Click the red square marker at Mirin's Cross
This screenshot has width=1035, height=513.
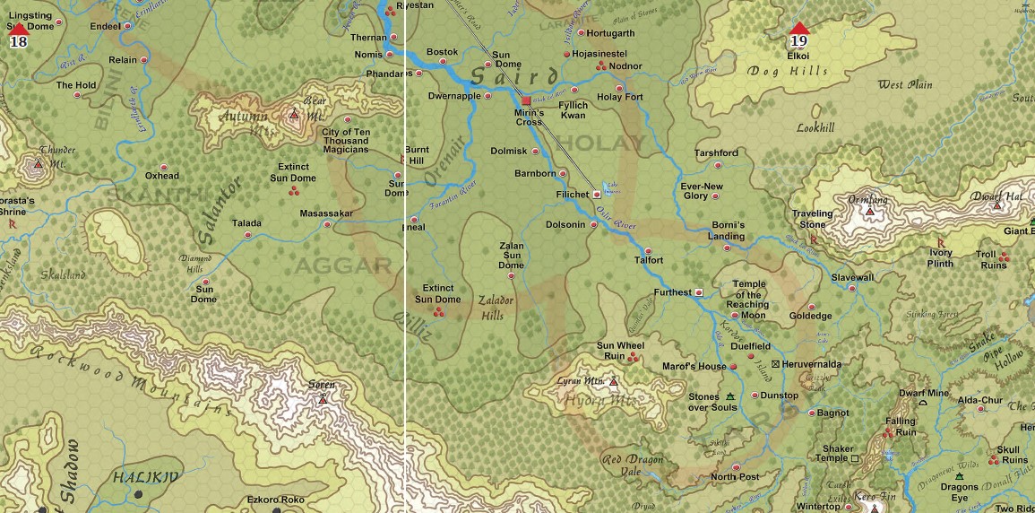coord(527,100)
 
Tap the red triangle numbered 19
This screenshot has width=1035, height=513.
coord(799,30)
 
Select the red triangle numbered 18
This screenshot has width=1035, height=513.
coord(18,30)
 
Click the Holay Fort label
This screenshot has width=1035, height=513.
coord(620,97)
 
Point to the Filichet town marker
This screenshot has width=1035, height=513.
coord(596,194)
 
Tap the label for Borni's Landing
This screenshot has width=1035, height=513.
coord(728,230)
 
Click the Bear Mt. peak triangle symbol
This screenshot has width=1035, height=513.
coord(293,115)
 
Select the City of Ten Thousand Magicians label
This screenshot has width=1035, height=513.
coord(345,141)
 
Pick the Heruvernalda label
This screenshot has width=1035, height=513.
coord(811,364)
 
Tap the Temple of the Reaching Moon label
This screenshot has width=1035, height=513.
coord(747,300)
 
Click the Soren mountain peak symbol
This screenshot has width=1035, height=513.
coord(323,398)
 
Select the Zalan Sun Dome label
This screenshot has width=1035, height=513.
coord(511,256)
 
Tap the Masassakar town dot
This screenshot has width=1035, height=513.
coord(326,224)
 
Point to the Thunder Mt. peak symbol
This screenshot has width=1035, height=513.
coord(38,165)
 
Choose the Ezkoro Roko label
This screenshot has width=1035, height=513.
coord(276,500)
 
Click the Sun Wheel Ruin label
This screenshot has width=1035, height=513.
coord(619,351)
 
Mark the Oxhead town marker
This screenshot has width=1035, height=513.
coord(162,166)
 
